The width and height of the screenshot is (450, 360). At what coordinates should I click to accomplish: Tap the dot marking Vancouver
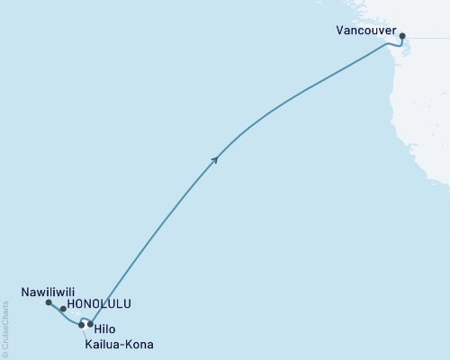[x=402, y=37]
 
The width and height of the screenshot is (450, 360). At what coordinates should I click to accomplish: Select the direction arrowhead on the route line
[x=214, y=159]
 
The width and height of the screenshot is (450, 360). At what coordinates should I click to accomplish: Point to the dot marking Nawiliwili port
[x=48, y=303]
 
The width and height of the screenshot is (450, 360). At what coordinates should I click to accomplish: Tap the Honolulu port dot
[x=63, y=310]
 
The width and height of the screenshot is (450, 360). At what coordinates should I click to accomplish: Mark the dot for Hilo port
[x=90, y=324]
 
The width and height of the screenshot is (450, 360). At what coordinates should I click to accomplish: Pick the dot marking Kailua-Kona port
[x=81, y=325]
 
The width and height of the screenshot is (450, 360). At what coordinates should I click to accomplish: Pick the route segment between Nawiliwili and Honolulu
[x=55, y=307]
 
